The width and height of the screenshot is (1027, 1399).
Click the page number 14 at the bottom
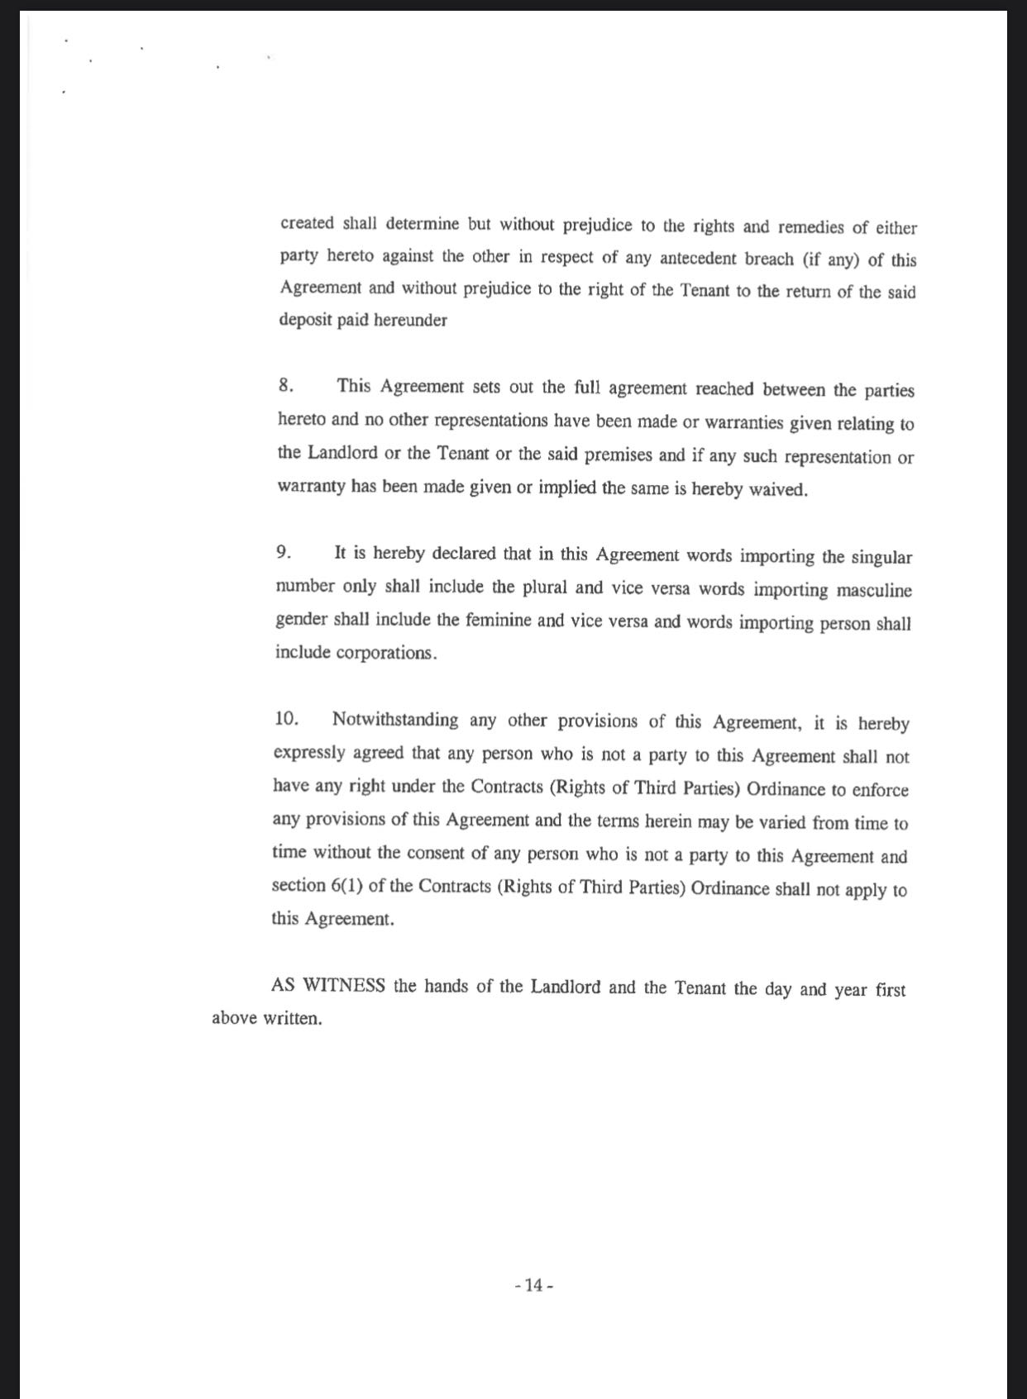tap(533, 1285)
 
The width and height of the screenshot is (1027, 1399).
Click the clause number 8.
tap(285, 386)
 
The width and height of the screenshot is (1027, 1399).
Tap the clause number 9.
tap(283, 553)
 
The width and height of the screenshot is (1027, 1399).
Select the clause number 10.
tap(285, 719)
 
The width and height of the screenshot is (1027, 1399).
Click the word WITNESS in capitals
tap(344, 986)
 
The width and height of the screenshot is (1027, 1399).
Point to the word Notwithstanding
tap(394, 720)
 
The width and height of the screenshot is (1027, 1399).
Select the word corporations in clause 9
tap(385, 653)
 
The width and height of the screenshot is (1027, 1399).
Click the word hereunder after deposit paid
tap(410, 321)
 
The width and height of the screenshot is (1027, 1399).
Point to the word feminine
tap(497, 621)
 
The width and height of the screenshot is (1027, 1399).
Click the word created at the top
tap(307, 223)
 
